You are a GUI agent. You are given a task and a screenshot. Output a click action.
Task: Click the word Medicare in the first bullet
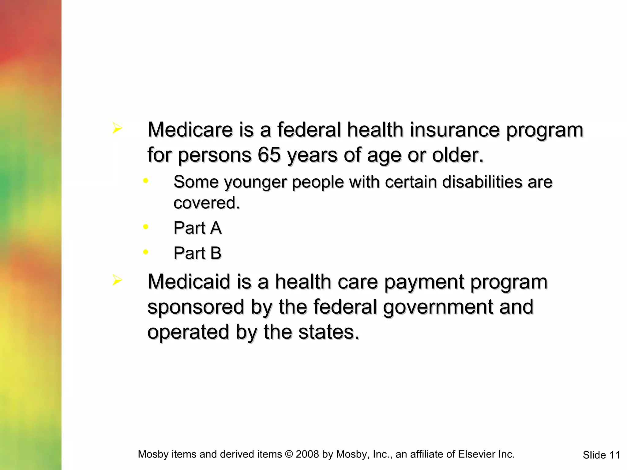point(190,130)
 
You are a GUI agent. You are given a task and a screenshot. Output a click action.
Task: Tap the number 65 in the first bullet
point(269,155)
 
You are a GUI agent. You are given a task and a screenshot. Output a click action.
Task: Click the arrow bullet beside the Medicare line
point(117,128)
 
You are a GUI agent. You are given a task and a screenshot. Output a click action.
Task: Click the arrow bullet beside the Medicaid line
point(117,280)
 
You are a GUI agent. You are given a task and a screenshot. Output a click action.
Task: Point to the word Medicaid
point(189,282)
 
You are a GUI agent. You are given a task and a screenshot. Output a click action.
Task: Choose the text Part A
point(197,228)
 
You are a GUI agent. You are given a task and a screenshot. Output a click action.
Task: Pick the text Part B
point(197,253)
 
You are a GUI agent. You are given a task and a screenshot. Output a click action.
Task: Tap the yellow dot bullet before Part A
point(146,227)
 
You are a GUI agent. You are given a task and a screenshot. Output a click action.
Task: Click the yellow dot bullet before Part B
point(146,252)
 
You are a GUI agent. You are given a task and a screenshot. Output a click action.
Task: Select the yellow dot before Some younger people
point(146,181)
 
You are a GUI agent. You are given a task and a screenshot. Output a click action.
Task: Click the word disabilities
point(482,182)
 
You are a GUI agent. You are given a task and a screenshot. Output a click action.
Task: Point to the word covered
point(206,203)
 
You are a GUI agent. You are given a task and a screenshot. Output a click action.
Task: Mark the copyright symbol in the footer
point(289,454)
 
